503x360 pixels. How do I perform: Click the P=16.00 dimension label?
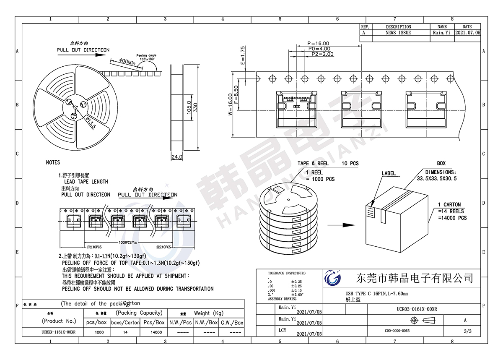318,43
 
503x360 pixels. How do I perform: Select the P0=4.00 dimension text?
320,49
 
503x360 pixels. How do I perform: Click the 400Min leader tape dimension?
127,61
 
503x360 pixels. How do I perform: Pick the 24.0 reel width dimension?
177,157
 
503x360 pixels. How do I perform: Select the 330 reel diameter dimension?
201,108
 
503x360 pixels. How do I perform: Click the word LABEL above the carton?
389,173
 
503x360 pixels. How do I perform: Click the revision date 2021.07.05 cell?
467,32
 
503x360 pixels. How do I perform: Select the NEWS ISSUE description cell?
398,32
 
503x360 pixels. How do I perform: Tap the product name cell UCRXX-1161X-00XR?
59,332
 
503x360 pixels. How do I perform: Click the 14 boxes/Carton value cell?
125,332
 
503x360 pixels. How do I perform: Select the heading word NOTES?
53,162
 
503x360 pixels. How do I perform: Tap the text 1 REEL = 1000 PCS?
320,176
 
